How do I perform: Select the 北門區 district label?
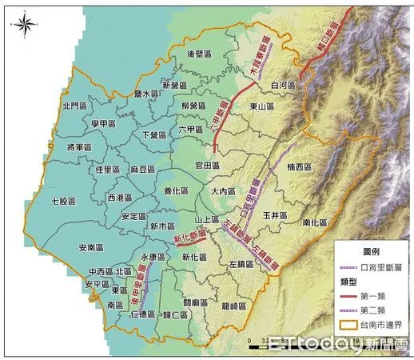tap(77, 106)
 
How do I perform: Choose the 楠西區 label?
tap(301, 168)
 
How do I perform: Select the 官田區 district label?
tap(206, 165)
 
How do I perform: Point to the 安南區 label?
tap(93, 248)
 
